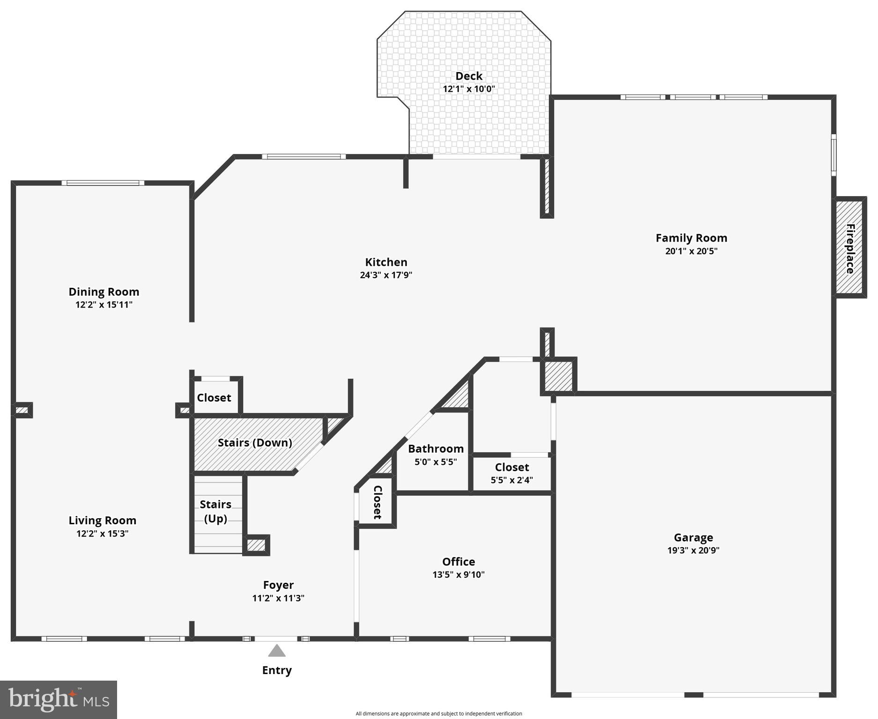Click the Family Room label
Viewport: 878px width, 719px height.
[x=691, y=238]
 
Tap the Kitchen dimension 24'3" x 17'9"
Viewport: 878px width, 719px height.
[x=386, y=275]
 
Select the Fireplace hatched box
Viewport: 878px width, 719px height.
[x=849, y=248]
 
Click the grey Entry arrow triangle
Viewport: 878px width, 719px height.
[x=277, y=651]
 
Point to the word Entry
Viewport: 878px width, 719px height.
[x=277, y=670]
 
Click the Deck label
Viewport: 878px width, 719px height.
[x=469, y=76]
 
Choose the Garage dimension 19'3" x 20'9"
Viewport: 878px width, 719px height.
[x=693, y=550]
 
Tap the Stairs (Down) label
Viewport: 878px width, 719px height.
[x=255, y=443]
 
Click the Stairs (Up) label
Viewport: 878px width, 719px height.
[x=215, y=511]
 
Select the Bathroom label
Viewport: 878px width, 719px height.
[x=435, y=449]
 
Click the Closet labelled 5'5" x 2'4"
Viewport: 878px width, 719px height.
[x=512, y=468]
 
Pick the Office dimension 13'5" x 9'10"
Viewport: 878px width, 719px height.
[x=458, y=575]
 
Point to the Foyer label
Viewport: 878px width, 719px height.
[x=278, y=585]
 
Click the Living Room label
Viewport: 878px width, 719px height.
[x=103, y=521]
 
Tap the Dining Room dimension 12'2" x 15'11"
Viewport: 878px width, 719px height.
[x=104, y=305]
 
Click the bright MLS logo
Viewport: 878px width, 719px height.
[x=59, y=699]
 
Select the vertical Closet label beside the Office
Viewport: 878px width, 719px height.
[x=377, y=502]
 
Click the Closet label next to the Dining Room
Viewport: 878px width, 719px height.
[x=214, y=398]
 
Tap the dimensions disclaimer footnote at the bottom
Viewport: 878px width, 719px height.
[x=439, y=714]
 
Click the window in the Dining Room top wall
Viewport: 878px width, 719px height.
[x=103, y=183]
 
